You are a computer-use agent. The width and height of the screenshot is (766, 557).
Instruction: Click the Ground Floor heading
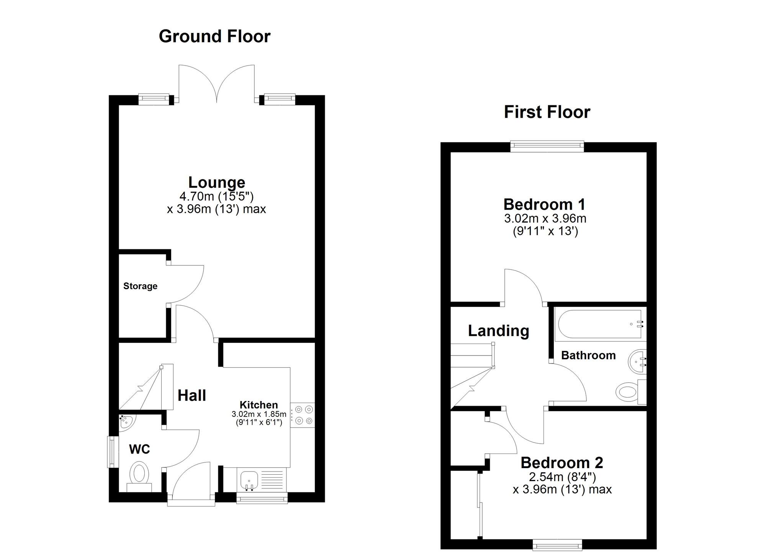214,36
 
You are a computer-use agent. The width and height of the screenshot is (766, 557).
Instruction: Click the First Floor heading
547,112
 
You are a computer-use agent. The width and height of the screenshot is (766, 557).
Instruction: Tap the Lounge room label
216,182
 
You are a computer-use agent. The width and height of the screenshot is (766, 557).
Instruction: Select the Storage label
140,286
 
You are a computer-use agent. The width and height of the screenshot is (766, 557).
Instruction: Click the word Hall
192,395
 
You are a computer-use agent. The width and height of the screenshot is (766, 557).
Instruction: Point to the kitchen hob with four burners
303,415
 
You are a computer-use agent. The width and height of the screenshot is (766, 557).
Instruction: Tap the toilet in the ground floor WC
139,475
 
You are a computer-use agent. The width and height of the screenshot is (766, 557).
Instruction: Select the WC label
139,449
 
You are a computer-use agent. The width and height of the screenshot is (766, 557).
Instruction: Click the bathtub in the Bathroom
599,324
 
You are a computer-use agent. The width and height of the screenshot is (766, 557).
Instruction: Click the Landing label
498,331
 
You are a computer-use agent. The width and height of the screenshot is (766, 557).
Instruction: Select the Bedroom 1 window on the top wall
547,145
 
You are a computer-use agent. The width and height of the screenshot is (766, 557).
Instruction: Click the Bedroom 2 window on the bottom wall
557,544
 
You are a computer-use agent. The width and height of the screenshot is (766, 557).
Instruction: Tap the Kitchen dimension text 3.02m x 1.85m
259,414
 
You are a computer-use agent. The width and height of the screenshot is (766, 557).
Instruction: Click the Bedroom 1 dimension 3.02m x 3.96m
545,219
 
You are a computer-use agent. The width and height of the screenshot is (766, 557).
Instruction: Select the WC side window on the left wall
111,452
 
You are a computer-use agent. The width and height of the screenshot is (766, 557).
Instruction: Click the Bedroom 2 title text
561,463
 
